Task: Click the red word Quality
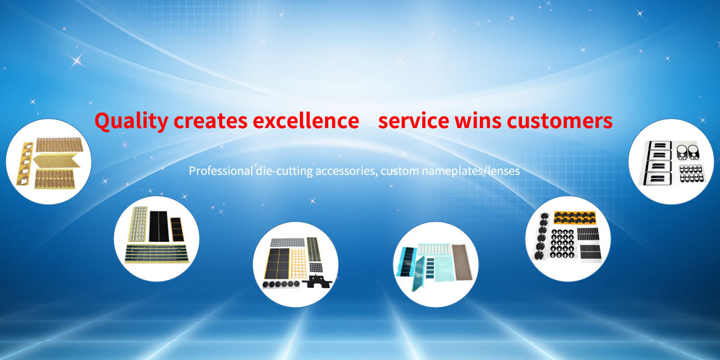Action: tap(132, 121)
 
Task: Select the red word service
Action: tap(413, 121)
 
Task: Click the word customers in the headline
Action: tap(560, 121)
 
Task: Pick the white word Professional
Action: tap(221, 171)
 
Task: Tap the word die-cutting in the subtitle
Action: tap(284, 171)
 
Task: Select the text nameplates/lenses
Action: tap(471, 171)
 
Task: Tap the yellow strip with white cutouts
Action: tap(25, 164)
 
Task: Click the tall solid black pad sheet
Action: tap(159, 226)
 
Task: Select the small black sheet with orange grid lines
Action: tap(177, 229)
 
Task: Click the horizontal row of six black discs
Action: tap(281, 284)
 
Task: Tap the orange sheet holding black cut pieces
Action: tap(575, 218)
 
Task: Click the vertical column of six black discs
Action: tap(542, 236)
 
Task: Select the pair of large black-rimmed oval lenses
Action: tap(687, 152)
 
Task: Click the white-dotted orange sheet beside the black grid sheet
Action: tap(299, 263)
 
